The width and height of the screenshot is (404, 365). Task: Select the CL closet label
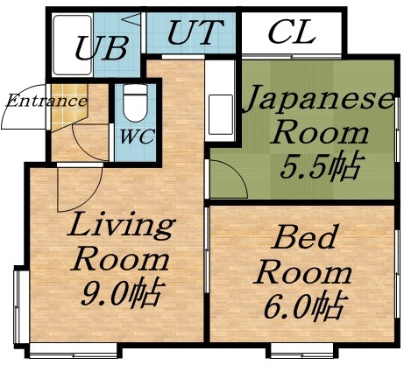coord(292,34)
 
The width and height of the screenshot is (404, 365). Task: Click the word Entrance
coord(46,100)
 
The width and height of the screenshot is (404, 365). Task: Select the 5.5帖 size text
coord(319,165)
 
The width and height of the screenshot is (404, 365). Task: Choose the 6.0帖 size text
coord(301,306)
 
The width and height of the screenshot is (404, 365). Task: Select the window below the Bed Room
coord(303,352)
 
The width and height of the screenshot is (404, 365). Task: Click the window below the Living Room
coord(74,353)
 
